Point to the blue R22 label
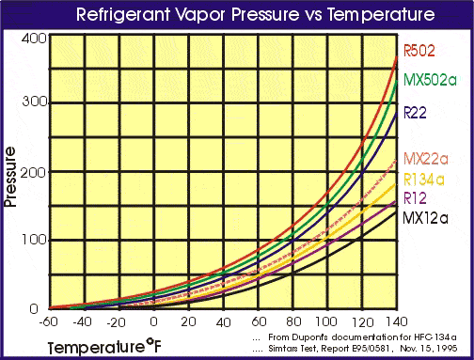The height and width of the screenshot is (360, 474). tap(416, 113)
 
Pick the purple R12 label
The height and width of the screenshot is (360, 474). tap(416, 197)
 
